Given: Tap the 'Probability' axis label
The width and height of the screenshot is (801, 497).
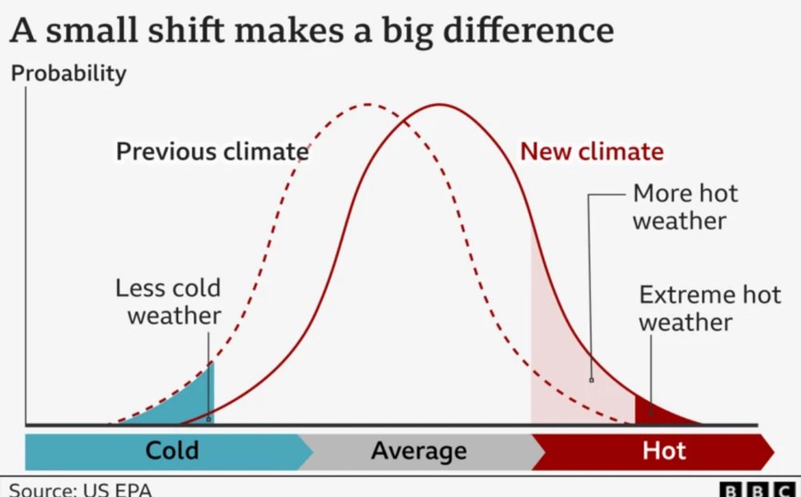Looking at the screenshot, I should point(68,74).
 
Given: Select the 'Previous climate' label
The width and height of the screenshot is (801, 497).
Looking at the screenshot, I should point(212,151).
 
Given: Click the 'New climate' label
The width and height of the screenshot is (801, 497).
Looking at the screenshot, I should point(592,151).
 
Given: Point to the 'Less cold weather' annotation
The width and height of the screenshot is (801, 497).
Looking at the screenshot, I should point(168,302).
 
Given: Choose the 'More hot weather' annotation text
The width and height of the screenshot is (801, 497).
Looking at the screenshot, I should point(685,206).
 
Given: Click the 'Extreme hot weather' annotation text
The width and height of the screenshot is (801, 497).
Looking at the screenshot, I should point(709,308).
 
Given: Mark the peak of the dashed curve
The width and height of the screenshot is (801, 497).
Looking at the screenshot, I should point(367,104).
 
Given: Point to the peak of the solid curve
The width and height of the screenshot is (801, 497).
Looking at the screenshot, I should point(439,104).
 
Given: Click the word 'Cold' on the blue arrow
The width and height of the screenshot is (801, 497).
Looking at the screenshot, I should point(171,451).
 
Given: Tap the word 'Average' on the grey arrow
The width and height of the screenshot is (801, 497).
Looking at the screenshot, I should point(418,451).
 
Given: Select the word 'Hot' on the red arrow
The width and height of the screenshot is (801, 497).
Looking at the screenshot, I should point(664,451).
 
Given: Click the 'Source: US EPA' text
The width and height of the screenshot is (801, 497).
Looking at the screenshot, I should point(80,489).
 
